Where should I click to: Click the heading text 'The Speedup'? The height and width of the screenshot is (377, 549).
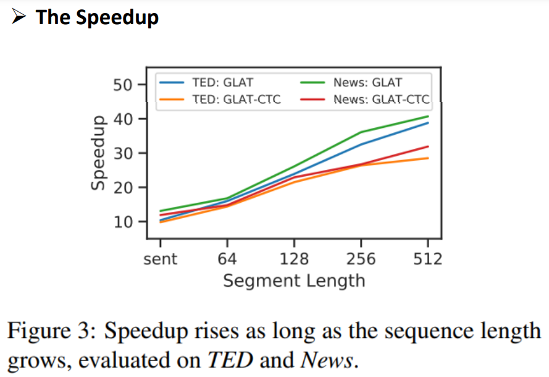click(97, 17)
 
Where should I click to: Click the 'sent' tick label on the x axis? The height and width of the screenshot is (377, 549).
click(160, 258)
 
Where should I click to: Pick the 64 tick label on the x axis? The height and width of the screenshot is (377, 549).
click(227, 258)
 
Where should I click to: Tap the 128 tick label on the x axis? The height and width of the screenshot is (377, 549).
click(294, 258)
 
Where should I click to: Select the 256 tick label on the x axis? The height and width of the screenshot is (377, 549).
click(361, 258)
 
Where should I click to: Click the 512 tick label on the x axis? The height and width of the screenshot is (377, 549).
click(427, 258)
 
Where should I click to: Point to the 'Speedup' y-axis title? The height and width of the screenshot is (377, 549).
click(97, 153)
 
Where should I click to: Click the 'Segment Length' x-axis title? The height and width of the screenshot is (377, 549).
click(294, 281)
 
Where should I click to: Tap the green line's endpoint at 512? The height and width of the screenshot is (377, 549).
click(428, 116)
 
